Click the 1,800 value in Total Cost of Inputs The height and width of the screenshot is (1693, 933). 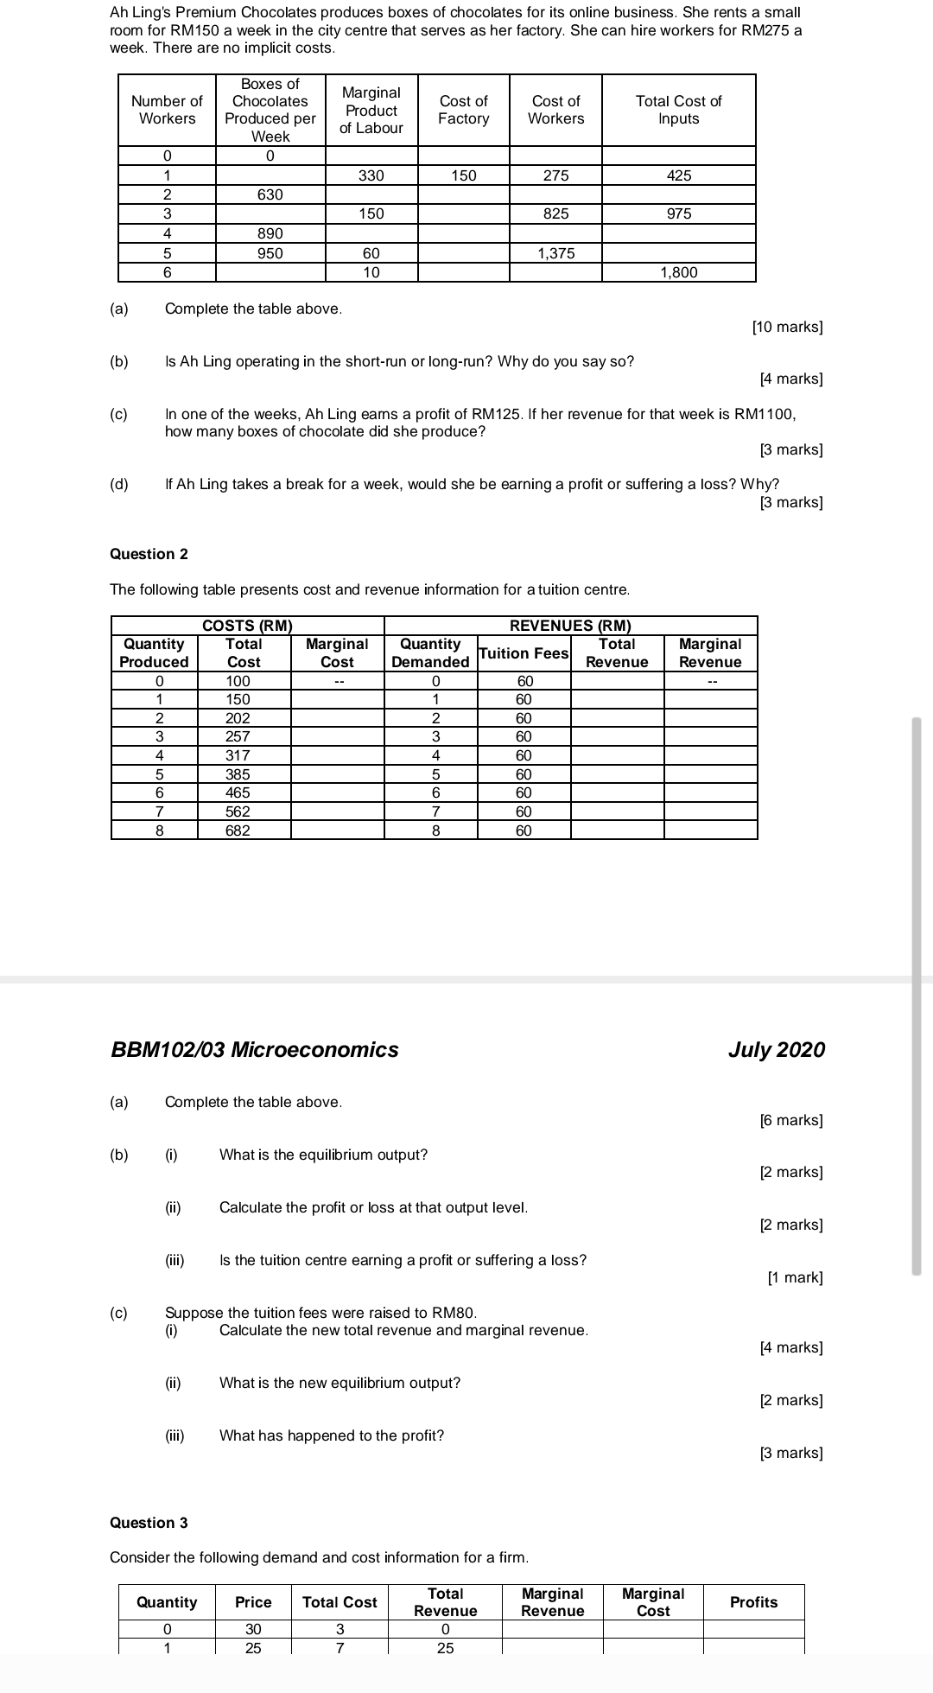point(678,272)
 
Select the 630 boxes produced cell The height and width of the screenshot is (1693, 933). point(270,194)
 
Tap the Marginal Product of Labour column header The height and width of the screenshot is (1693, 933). point(371,110)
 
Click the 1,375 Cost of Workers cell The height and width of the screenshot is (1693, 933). point(555,253)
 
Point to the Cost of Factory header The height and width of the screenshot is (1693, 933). point(463,110)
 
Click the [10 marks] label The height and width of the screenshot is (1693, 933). point(787,327)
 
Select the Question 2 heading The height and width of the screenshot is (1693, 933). point(149,554)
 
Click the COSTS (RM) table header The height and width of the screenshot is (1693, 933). point(247,626)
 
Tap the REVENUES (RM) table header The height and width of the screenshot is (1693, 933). point(570,626)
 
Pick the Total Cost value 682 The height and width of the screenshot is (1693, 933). point(238,831)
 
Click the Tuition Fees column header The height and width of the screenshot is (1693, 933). point(524,653)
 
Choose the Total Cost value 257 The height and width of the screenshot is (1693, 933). point(238,736)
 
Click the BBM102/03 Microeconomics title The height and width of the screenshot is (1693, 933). point(255,1050)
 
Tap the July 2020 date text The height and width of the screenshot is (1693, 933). point(776,1050)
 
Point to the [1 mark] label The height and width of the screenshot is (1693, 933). point(795,1277)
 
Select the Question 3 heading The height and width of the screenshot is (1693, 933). point(149,1523)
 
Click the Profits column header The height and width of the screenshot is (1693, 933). point(753,1602)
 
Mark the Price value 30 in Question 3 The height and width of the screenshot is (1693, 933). point(253,1629)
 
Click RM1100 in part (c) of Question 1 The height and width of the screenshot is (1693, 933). point(763,414)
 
